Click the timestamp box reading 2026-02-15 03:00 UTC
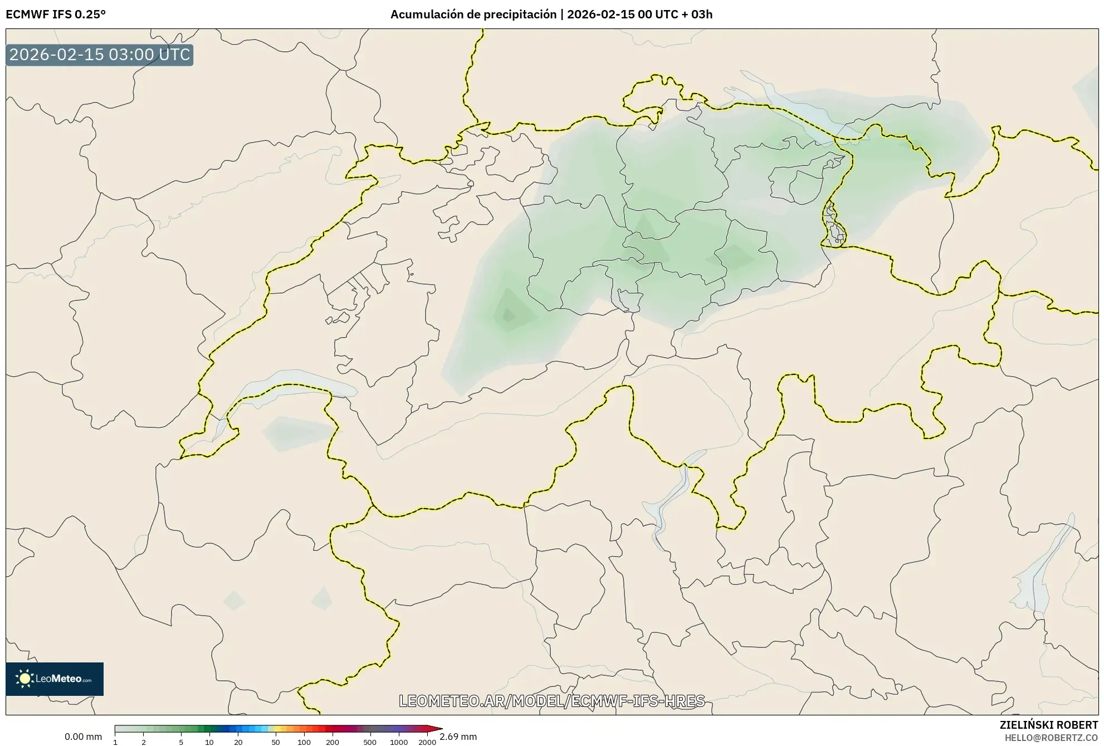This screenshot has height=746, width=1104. tap(100, 55)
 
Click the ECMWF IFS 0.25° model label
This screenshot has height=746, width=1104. tap(56, 14)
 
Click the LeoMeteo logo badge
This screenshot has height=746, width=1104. tap(55, 679)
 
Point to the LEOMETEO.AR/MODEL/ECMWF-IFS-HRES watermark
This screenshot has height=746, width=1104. tap(551, 701)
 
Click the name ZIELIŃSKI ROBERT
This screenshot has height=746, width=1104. tap(1048, 725)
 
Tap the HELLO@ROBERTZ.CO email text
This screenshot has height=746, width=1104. tap(1051, 738)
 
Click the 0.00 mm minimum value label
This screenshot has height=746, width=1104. tap(83, 737)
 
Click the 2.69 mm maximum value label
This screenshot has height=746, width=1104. tap(458, 737)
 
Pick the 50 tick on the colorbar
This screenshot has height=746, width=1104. tap(275, 742)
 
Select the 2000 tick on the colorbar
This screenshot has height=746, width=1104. tap(427, 742)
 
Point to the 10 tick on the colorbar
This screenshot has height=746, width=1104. tap(209, 742)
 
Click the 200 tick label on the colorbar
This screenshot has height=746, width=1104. tap(333, 742)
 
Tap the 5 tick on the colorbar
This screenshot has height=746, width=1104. tap(181, 742)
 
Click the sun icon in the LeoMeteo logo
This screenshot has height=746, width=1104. tap(25, 679)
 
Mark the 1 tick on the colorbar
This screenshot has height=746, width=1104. tap(115, 742)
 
